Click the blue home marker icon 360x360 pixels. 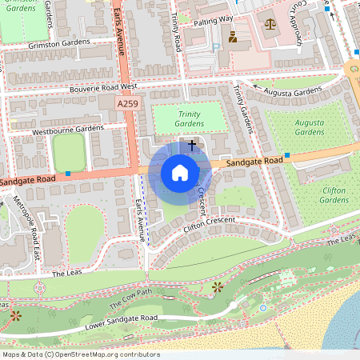coord(180,172)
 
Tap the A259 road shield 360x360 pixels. coord(128,104)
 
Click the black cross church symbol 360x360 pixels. coord(192,145)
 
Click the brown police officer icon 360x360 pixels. coord(233,37)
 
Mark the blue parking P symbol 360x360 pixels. coord(216,46)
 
